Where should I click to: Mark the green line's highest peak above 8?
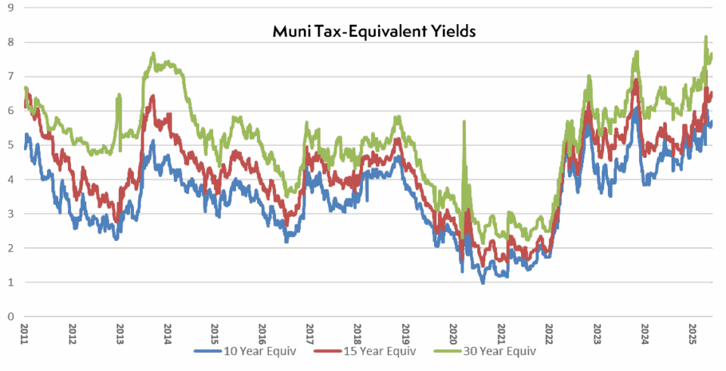click(706, 36)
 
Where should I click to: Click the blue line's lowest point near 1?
click(482, 283)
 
